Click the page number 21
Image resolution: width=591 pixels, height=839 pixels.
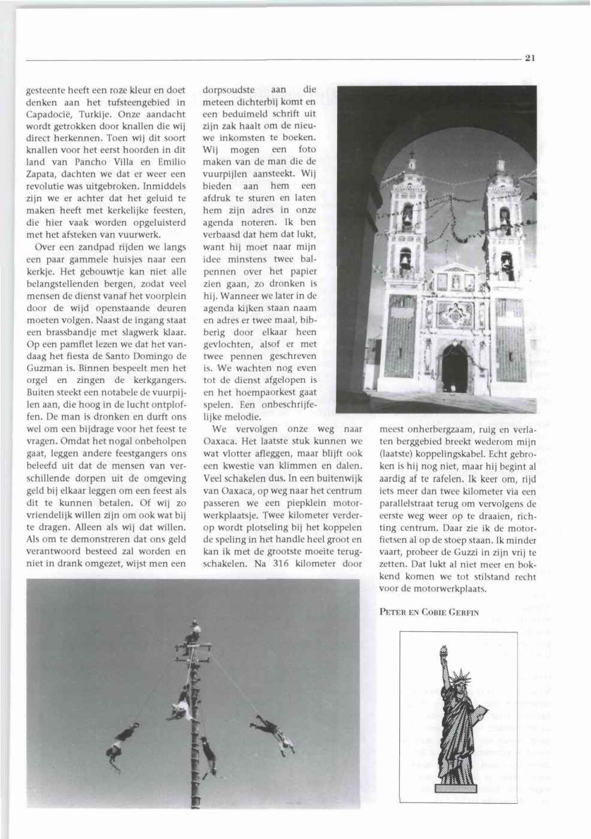point(529,58)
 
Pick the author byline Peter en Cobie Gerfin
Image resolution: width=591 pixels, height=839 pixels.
point(429,612)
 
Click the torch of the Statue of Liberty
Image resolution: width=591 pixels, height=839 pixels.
point(444,649)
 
